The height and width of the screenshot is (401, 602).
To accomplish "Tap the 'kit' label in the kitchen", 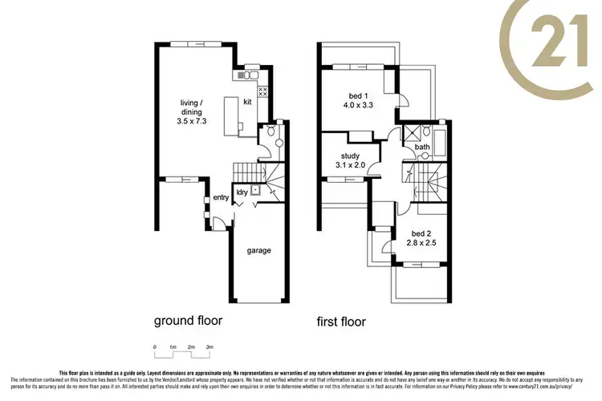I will (x=248, y=102).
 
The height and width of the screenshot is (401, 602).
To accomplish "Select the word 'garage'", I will (x=258, y=250).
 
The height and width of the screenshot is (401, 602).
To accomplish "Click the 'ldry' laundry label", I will (x=242, y=192).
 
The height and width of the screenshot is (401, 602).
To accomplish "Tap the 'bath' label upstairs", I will (x=421, y=147).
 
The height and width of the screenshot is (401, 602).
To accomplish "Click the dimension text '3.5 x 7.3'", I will (x=191, y=121).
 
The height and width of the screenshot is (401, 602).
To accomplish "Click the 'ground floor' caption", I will (x=188, y=321).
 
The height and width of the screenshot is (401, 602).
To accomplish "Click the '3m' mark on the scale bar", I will (x=210, y=346).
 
